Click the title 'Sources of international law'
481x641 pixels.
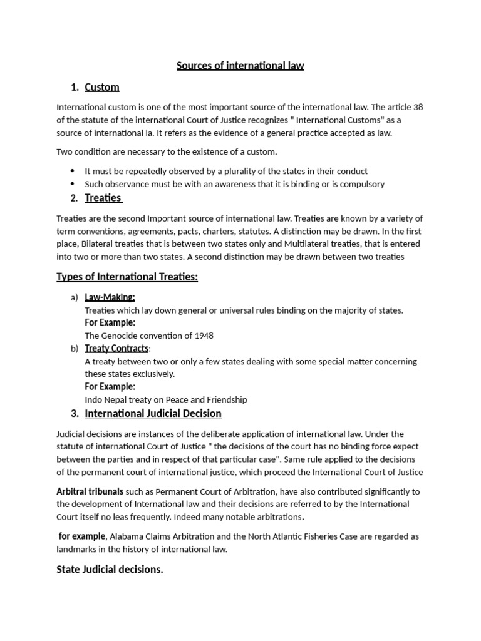point(240,66)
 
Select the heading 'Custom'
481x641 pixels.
point(101,87)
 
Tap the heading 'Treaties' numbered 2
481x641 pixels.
point(103,198)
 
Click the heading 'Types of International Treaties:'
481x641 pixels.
point(127,277)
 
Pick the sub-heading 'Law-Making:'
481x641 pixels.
point(110,297)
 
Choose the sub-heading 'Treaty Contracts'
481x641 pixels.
point(116,348)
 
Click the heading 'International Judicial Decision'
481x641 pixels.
point(153,413)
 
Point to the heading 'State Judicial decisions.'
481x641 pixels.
point(110,570)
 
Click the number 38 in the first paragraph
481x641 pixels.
point(418,107)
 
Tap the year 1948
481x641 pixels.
point(202,336)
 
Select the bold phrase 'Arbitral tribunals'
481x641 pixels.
point(90,491)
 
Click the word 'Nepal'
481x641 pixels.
point(118,399)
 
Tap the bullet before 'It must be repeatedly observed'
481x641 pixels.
point(73,171)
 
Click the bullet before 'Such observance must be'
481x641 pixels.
point(73,184)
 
